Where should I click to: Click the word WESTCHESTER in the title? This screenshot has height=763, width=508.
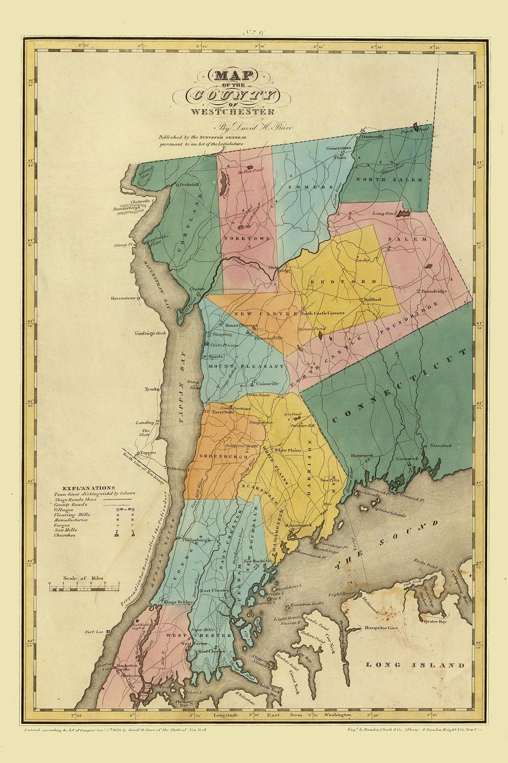pyautogui.click(x=232, y=112)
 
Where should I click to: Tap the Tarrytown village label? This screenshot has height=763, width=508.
pyautogui.click(x=223, y=412)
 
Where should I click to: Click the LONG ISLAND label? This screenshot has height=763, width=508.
pyautogui.click(x=414, y=665)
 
